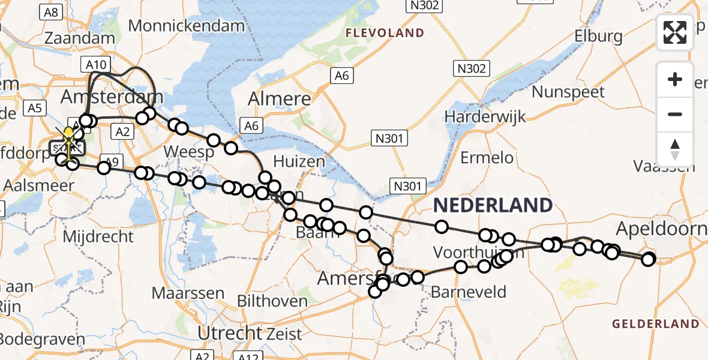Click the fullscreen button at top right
tap(675, 32)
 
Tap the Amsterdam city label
tap(112, 97)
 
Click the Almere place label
tap(280, 99)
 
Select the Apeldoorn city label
tap(661, 229)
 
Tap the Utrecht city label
tap(224, 332)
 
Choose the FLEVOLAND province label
tap(385, 33)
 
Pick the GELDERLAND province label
tap(655, 324)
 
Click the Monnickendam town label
tap(187, 26)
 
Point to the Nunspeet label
tap(568, 92)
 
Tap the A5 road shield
tap(35, 107)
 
